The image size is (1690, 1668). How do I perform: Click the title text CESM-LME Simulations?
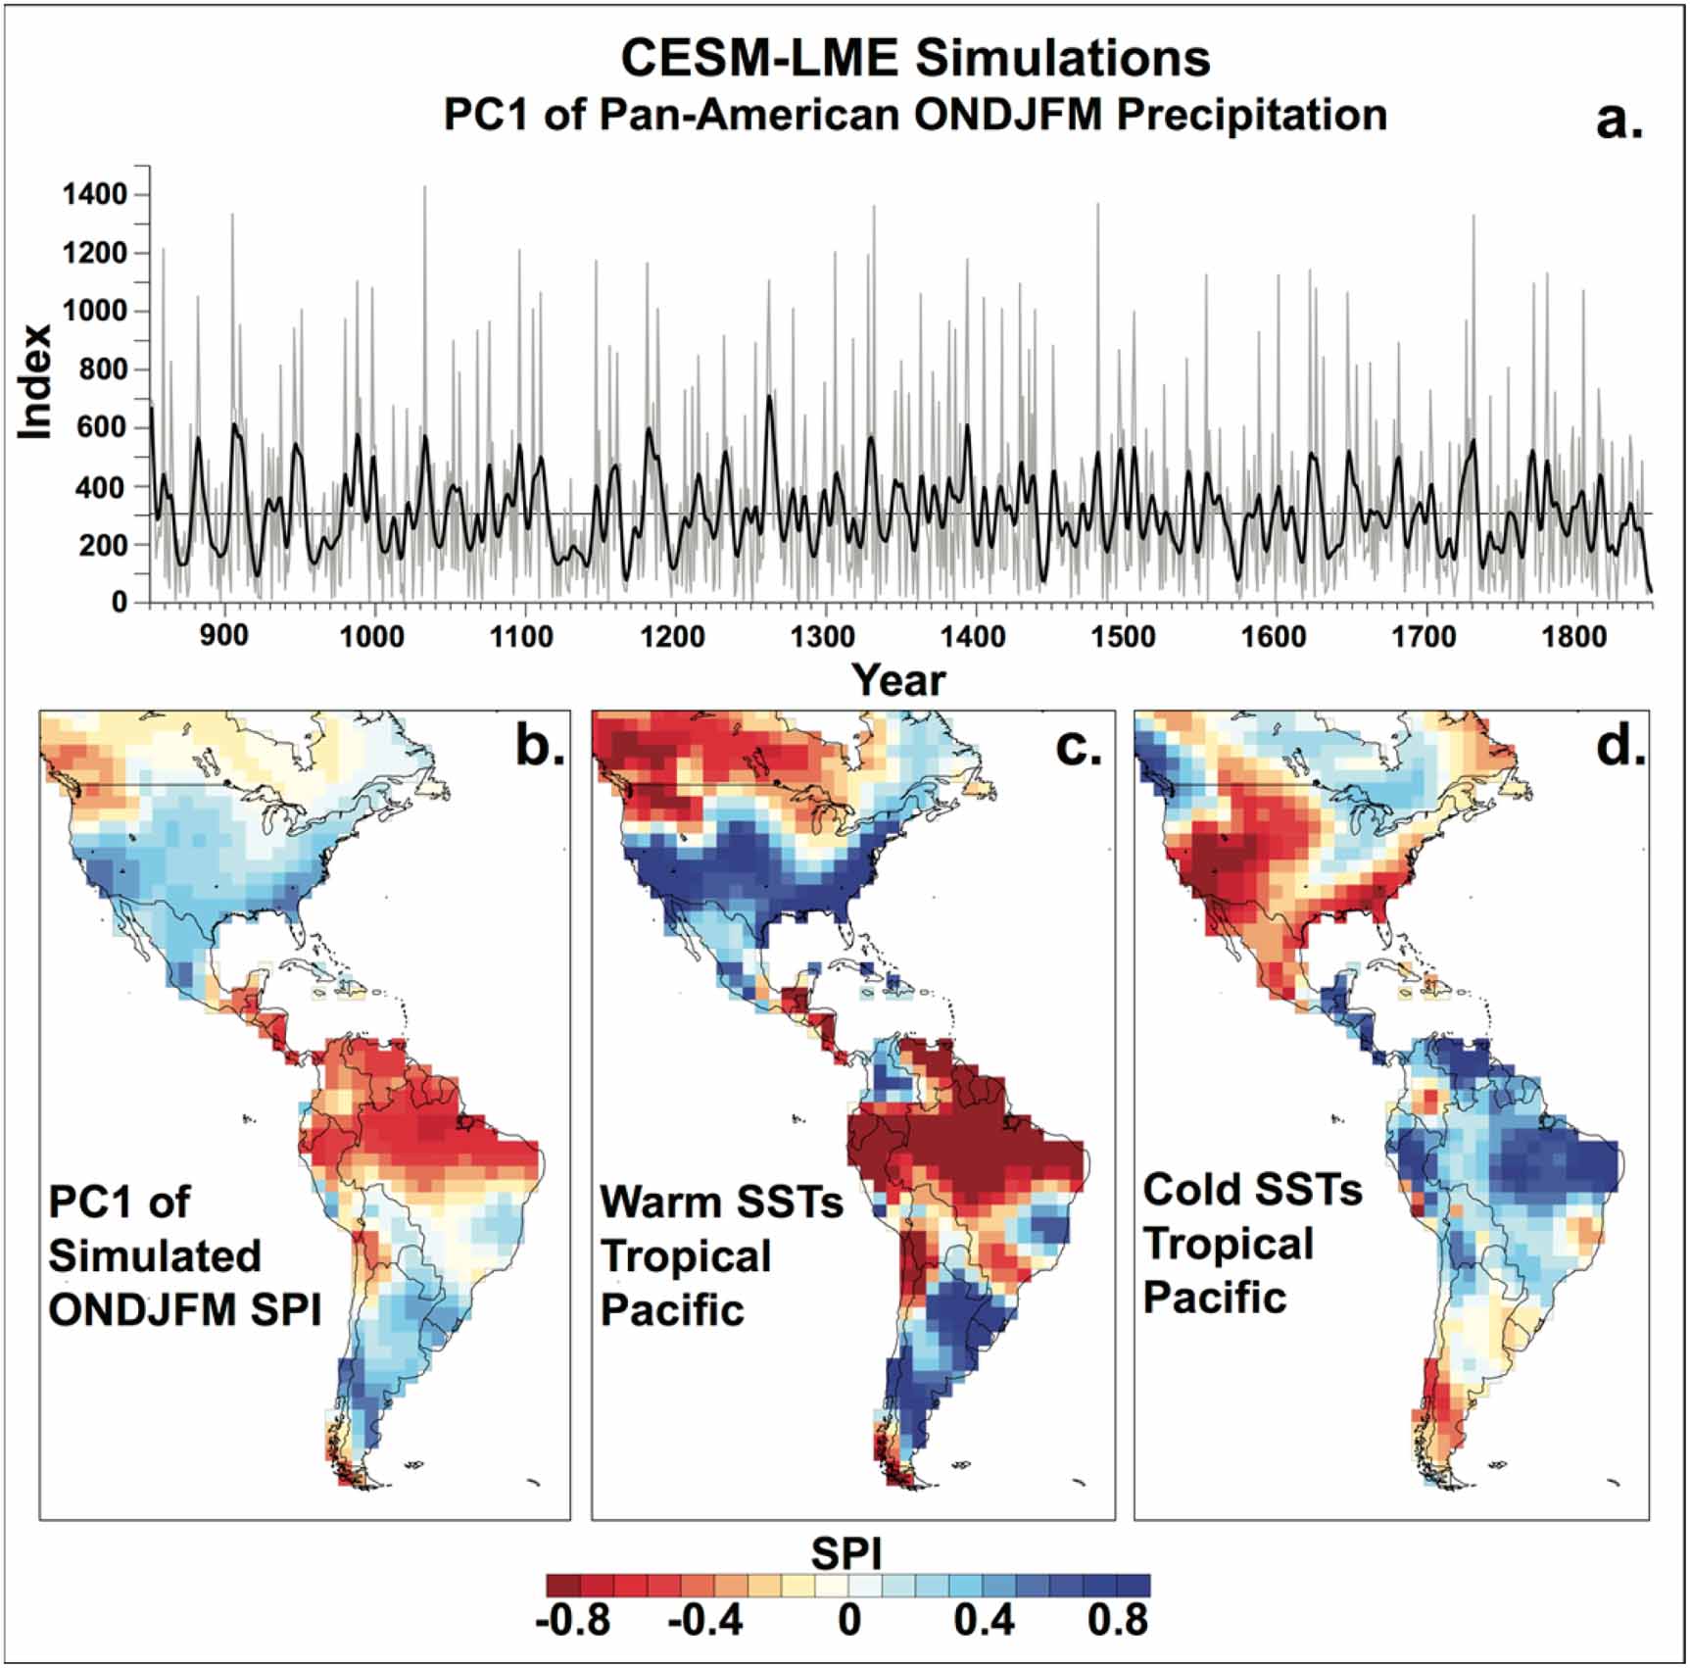click(915, 58)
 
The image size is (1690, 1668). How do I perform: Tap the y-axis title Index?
click(36, 382)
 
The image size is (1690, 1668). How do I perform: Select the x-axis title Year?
click(897, 680)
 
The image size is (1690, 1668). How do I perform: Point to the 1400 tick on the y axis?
click(95, 195)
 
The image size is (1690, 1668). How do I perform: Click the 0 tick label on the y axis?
click(119, 602)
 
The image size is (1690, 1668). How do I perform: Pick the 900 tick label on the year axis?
click(223, 636)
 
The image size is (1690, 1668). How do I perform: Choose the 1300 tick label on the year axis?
click(823, 636)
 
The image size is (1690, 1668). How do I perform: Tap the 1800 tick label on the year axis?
click(1573, 636)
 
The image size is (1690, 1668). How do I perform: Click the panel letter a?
click(1618, 121)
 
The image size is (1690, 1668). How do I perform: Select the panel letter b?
click(540, 747)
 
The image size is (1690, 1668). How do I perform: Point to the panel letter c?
click(1079, 747)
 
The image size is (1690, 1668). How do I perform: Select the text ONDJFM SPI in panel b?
click(185, 1309)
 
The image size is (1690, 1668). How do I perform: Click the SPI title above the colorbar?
click(846, 1553)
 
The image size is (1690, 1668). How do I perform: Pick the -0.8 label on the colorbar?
click(573, 1620)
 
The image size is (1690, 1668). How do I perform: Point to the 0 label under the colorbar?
click(849, 1620)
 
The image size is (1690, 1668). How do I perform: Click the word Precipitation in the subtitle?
click(1251, 115)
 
